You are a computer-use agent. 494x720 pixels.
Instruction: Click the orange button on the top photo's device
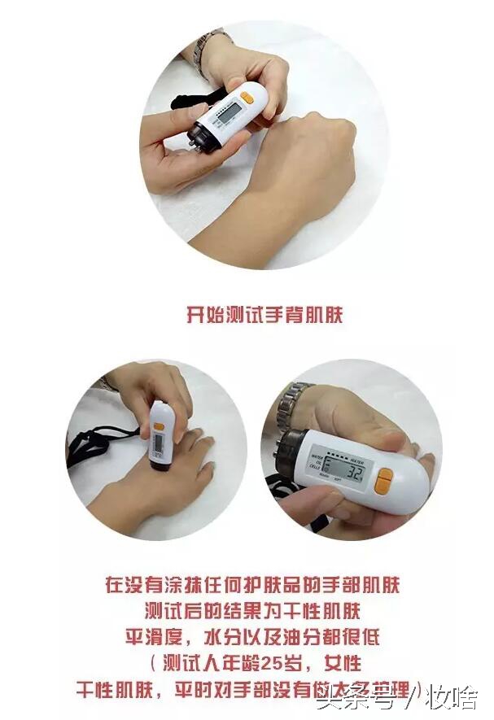[247, 95]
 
